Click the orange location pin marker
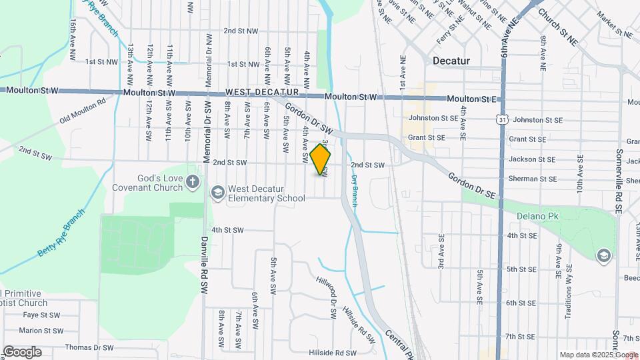click(321, 159)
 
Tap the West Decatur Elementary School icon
click(217, 193)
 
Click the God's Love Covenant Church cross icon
click(193, 182)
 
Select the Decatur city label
click(451, 61)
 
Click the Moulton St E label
click(472, 99)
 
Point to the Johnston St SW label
click(431, 119)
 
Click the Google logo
click(22, 352)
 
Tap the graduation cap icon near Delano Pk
click(603, 255)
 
